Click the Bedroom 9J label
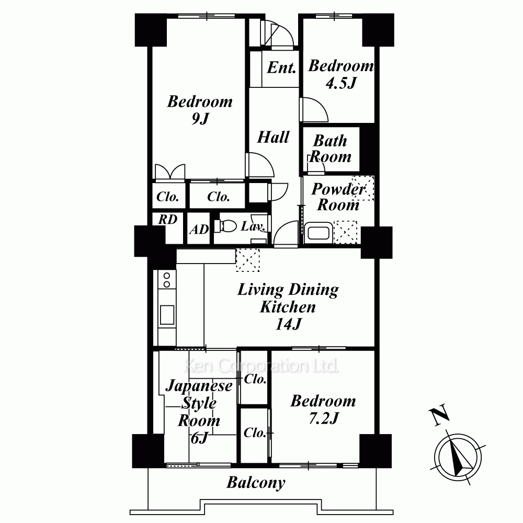tap(200, 110)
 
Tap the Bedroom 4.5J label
tap(341, 74)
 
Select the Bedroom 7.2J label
tap(323, 409)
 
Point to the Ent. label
tap(281, 67)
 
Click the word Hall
tap(273, 137)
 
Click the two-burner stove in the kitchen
tap(167, 280)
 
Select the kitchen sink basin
tap(167, 315)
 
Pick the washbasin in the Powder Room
tap(318, 233)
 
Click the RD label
tap(167, 220)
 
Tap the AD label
tap(199, 230)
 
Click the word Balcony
tap(256, 483)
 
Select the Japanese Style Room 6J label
tap(199, 412)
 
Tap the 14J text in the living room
tap(289, 324)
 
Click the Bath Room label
tap(330, 149)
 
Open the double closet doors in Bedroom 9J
tap(170, 172)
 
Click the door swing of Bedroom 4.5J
tap(314, 110)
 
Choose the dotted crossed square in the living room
tap(247, 260)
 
